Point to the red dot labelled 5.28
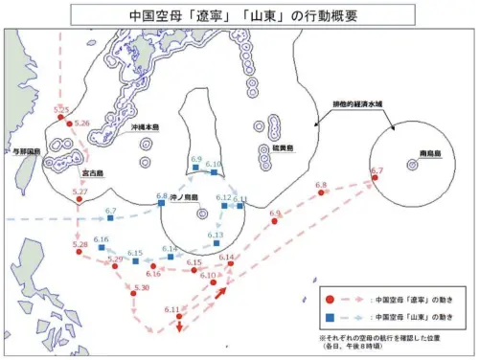80,253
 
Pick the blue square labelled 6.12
224,205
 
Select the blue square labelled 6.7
109,218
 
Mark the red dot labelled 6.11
173,316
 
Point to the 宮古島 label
93,173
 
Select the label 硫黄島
284,148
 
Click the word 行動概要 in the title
325,16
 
